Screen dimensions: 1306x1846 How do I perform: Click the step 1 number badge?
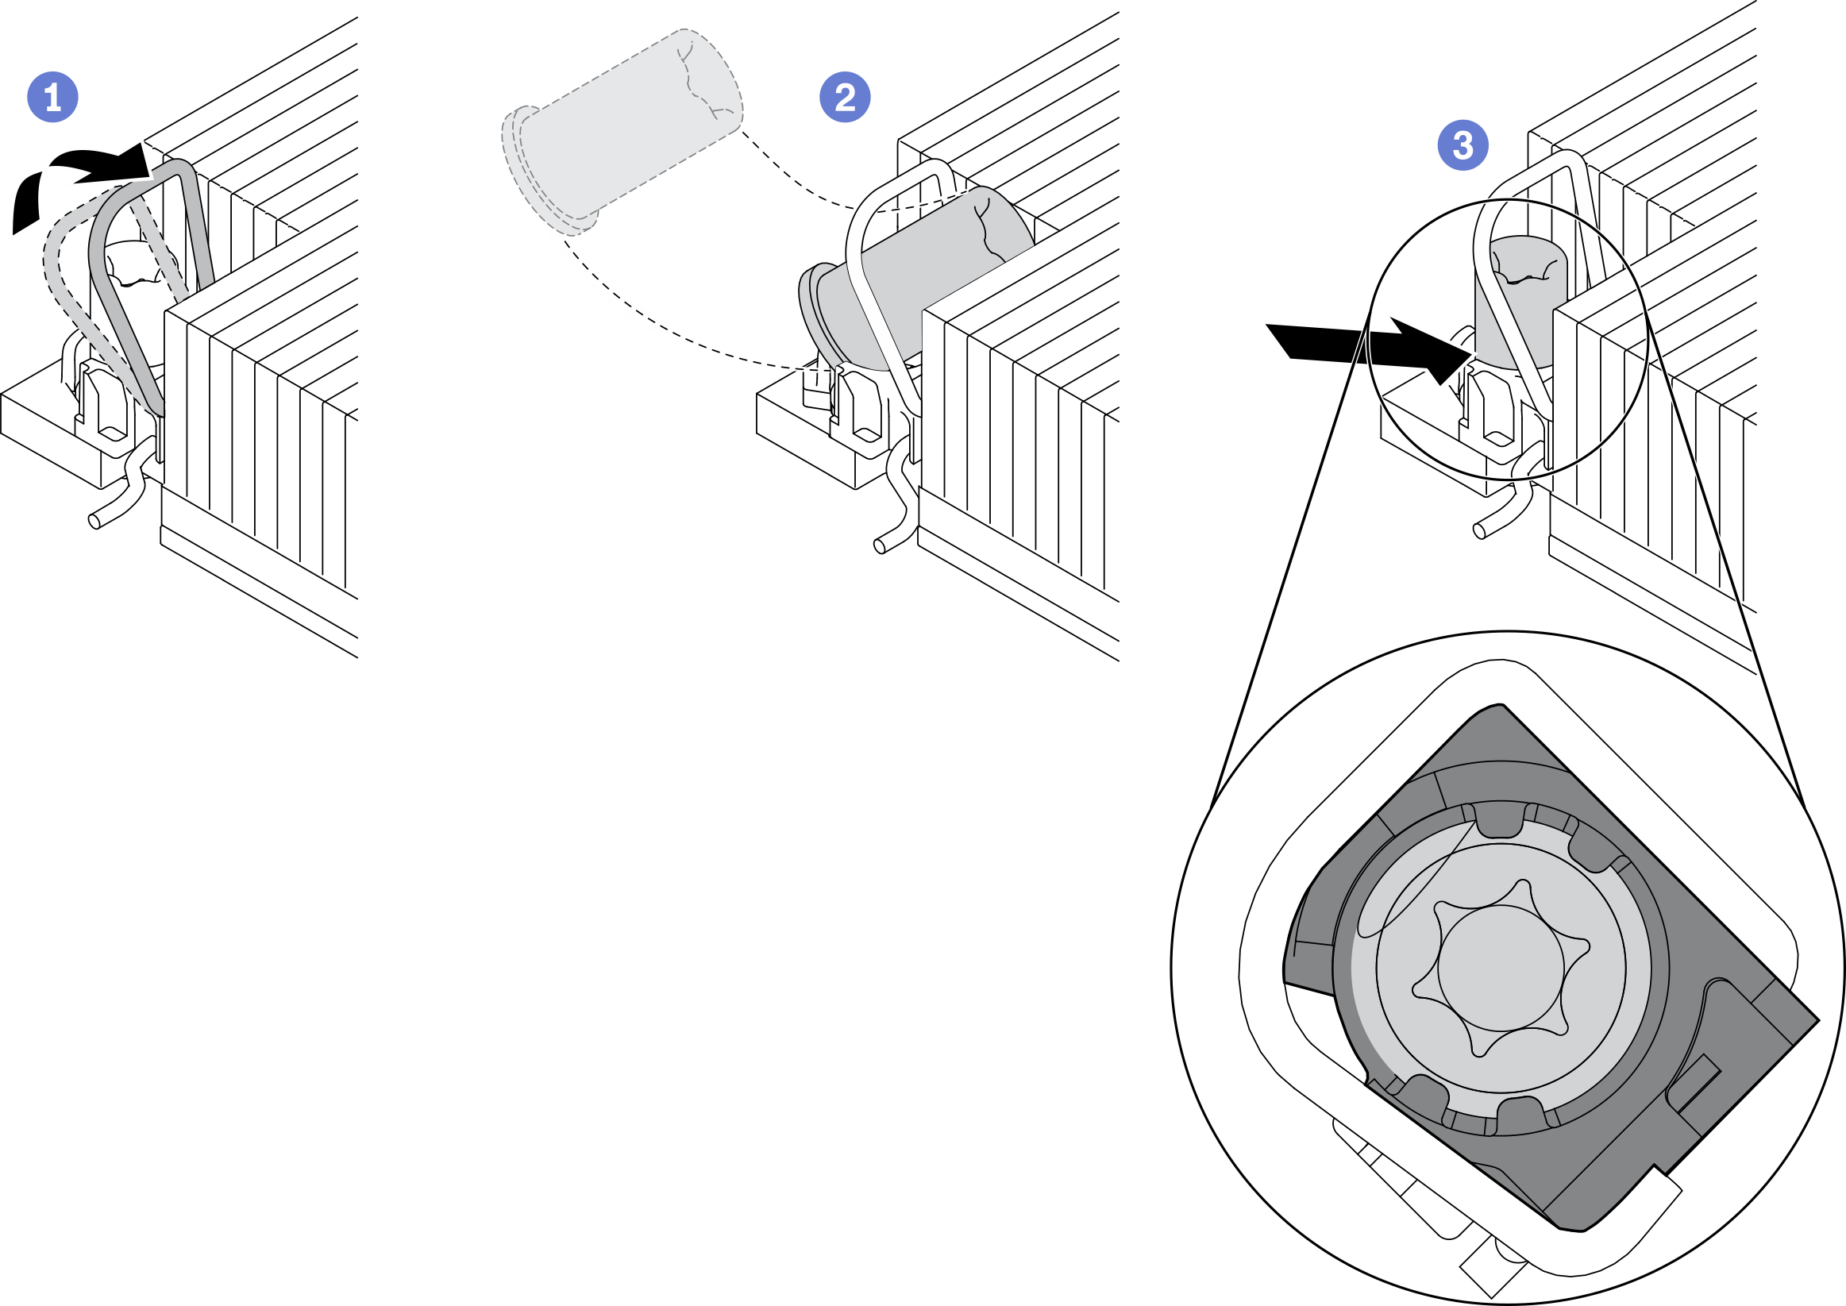tap(53, 98)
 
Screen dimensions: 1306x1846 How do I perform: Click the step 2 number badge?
tap(844, 98)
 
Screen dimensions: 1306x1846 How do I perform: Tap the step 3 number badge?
tap(1463, 145)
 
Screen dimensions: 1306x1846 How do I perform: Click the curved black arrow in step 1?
tap(80, 177)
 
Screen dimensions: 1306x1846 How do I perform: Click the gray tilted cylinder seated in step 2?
tap(925, 273)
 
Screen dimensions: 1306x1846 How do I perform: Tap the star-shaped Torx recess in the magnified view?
tap(1501, 966)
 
